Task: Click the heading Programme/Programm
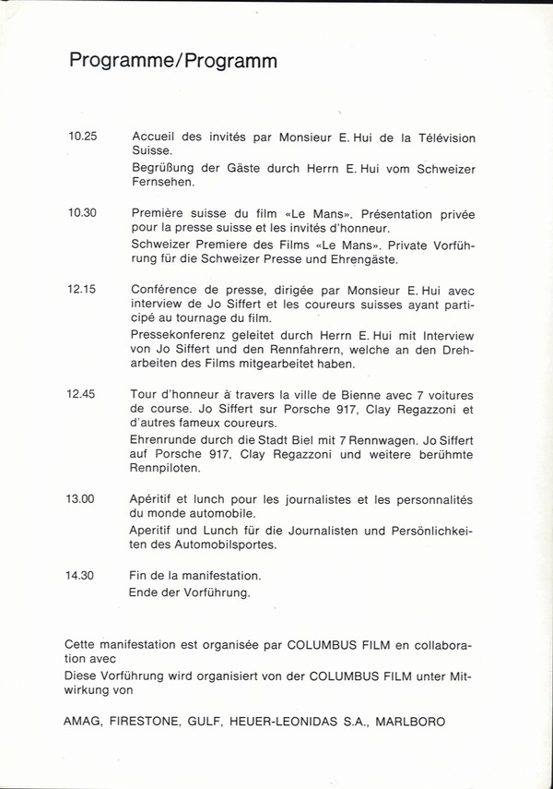[173, 62]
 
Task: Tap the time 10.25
[82, 137]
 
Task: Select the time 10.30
[82, 212]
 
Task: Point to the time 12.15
[82, 288]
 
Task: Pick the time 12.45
[82, 393]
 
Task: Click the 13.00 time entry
[82, 498]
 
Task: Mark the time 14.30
[82, 575]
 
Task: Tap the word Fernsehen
[162, 184]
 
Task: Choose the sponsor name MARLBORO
[412, 723]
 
